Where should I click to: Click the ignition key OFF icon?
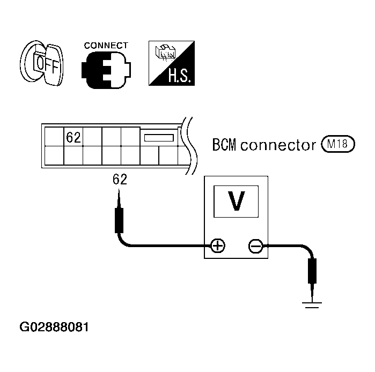click(41, 64)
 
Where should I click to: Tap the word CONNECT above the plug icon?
click(106, 46)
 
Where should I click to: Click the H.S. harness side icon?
click(171, 64)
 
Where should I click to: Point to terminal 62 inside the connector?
click(73, 137)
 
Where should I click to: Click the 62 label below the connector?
click(120, 180)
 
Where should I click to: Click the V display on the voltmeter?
click(236, 201)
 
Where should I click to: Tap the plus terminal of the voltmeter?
click(217, 246)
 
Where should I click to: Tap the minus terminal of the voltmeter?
click(255, 246)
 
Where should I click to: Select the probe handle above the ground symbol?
click(311, 271)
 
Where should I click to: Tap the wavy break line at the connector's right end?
click(188, 145)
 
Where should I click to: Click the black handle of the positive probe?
click(120, 220)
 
